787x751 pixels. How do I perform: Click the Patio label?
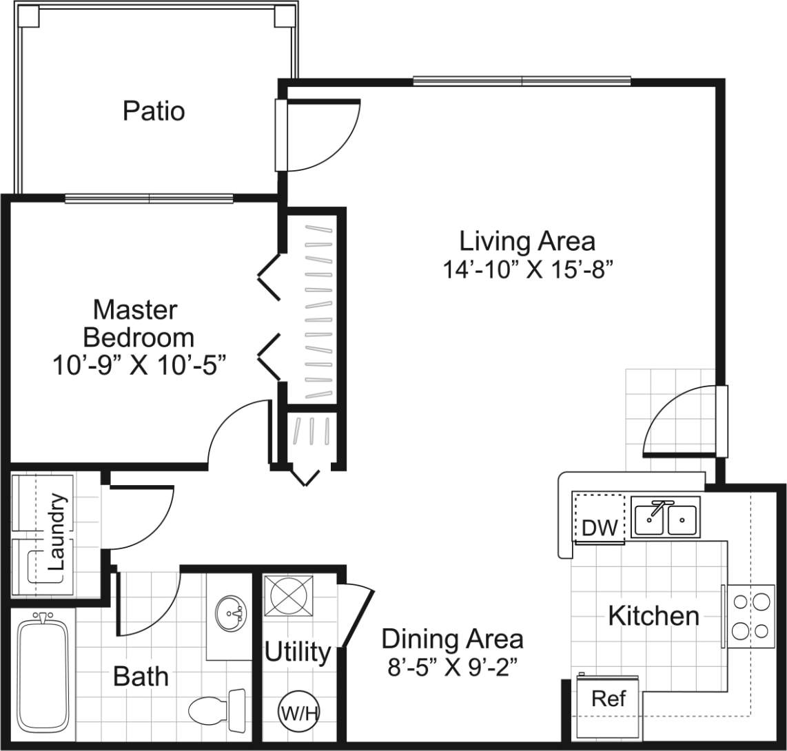coord(154,111)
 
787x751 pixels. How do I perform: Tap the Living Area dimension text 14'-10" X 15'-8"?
coord(527,269)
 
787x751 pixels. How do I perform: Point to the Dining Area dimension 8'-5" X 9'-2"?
coord(452,667)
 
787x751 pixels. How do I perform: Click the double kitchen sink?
coord(666,517)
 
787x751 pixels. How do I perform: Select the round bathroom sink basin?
coord(229,612)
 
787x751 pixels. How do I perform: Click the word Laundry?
coord(58,531)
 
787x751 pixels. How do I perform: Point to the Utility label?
coord(298,651)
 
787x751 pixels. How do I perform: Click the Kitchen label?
coord(653,615)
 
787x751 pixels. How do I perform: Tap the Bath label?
coord(141,677)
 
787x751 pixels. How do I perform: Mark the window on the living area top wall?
coord(522,81)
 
